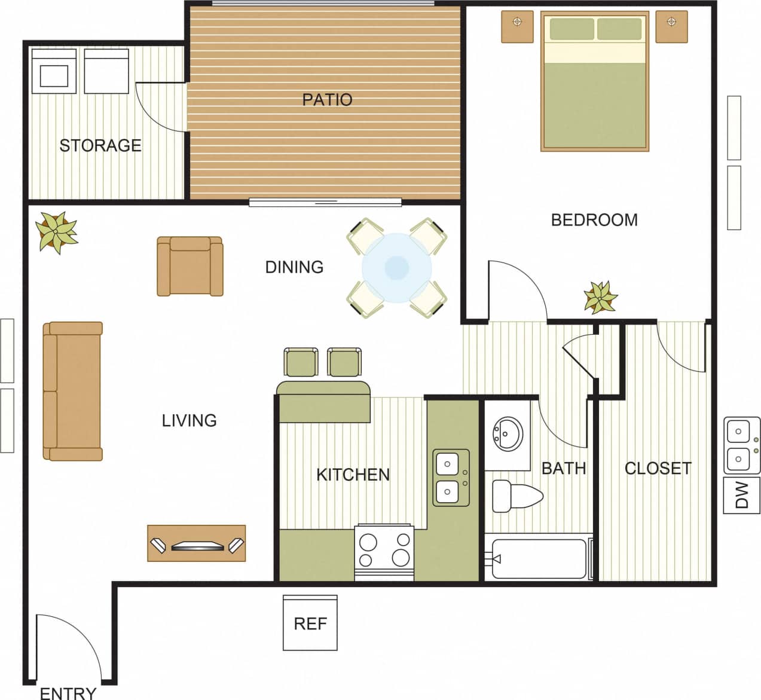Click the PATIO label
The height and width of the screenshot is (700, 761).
[x=326, y=99]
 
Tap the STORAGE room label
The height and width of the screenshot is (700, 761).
[x=100, y=145]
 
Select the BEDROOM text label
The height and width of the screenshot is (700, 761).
[x=594, y=220]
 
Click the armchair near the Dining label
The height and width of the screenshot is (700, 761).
[x=190, y=266]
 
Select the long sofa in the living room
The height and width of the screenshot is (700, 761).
[x=72, y=391]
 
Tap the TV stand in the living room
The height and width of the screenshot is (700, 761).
[x=196, y=543]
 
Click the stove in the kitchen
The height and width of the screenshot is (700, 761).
[x=384, y=551]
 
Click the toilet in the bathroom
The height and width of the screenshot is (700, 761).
[x=516, y=496]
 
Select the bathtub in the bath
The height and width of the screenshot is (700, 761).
[x=539, y=559]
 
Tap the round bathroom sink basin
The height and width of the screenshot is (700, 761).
[x=507, y=432]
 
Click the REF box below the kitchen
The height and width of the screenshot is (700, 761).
[x=310, y=623]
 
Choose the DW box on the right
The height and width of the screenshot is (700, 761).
[x=741, y=495]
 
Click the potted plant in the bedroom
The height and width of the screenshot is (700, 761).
[x=600, y=297]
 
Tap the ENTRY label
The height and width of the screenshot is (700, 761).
[x=68, y=693]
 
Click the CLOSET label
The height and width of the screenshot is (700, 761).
[x=658, y=468]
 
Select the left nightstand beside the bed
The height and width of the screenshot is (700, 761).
[x=517, y=27]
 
